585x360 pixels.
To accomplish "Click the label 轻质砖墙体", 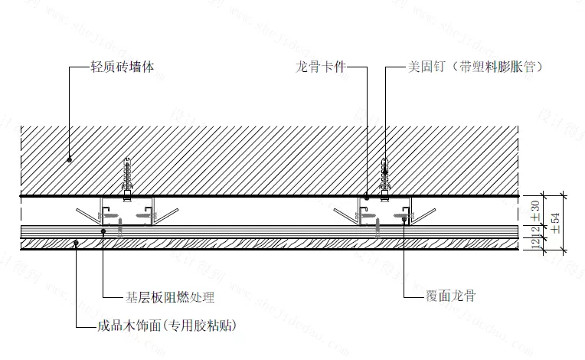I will click(123, 67).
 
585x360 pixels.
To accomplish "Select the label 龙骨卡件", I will click(321, 67).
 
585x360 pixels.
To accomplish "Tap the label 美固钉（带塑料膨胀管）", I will click(475, 67).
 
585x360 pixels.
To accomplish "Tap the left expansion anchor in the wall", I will click(127, 176).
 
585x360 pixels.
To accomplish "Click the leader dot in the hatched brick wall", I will click(70, 159).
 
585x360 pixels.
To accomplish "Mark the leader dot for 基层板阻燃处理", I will click(103, 231).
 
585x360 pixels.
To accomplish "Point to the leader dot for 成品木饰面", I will click(76, 244).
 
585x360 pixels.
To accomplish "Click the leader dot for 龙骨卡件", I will click(367, 198).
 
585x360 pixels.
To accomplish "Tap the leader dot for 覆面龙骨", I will click(404, 217).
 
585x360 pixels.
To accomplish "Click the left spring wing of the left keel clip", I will click(84, 211).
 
